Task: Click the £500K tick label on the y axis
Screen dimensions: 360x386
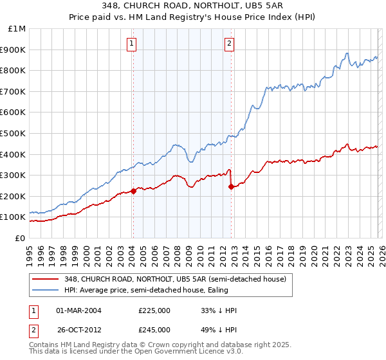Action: point(13,133)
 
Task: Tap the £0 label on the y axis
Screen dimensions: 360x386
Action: point(20,238)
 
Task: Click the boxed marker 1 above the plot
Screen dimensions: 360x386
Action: point(132,44)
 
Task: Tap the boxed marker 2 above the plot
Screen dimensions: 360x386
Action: point(230,44)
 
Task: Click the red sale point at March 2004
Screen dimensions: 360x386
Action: point(133,190)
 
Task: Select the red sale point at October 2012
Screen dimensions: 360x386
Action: point(231,186)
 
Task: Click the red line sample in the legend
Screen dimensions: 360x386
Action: point(46,279)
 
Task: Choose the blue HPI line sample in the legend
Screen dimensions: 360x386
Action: point(46,290)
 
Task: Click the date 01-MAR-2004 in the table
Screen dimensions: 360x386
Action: point(78,310)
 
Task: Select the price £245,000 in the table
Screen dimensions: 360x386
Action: point(154,330)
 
